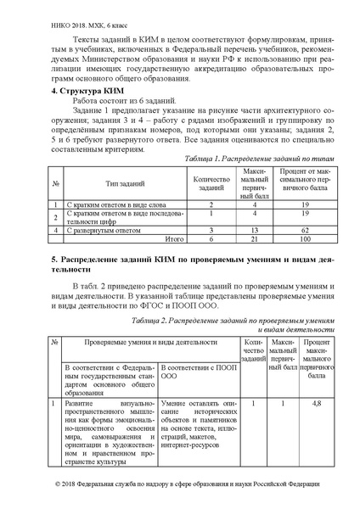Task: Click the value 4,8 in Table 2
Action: pos(316,404)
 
